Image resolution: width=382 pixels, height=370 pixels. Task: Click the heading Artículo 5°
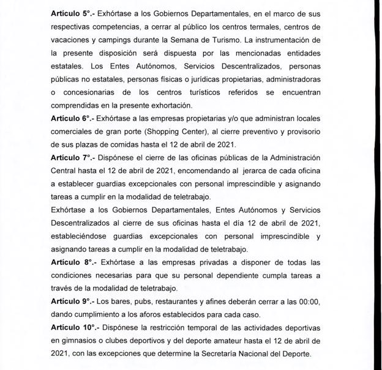point(72,12)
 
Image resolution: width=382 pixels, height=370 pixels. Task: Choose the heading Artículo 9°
point(72,302)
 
